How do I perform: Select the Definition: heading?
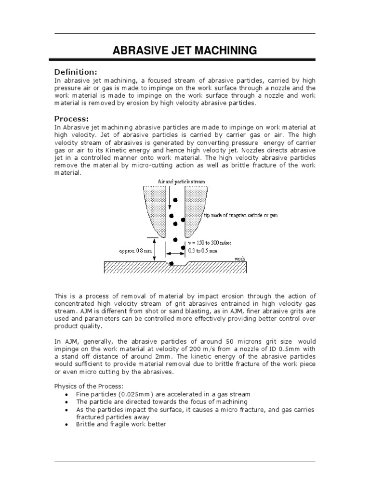pos(76,72)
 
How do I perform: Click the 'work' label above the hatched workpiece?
pos(239,259)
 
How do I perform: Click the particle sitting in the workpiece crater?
pos(172,263)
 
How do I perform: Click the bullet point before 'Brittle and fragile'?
pos(66,424)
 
